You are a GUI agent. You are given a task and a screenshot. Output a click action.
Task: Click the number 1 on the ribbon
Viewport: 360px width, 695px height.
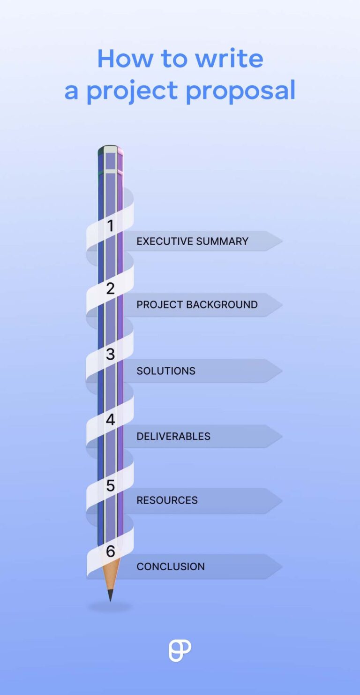tap(110, 226)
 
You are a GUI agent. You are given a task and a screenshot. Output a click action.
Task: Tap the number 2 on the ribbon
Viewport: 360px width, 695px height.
tap(110, 288)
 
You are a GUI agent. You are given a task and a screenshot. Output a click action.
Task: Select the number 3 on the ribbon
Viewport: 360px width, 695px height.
tap(110, 354)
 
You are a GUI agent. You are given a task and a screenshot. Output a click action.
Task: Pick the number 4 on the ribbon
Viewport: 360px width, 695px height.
tap(110, 420)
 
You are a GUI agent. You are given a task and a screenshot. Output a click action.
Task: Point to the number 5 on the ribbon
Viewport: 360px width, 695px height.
tap(110, 485)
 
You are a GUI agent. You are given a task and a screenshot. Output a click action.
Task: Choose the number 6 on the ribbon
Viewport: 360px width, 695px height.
tap(110, 551)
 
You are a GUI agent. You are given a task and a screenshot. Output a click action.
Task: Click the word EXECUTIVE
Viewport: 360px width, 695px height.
tap(162, 242)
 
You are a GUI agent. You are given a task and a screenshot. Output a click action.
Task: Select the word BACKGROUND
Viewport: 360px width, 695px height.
tap(222, 305)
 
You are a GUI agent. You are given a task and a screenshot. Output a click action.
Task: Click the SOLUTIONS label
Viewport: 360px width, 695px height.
tap(166, 371)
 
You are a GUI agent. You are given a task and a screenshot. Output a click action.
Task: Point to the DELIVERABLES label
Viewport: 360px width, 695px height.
tap(173, 437)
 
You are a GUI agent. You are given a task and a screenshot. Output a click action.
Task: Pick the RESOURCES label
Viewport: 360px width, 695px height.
tap(167, 500)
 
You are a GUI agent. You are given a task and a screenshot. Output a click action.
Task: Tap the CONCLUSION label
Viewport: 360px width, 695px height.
tap(171, 567)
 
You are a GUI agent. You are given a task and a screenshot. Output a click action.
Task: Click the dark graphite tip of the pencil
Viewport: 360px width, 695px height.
tap(110, 596)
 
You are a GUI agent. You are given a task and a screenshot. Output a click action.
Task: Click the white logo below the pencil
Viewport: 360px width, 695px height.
tap(180, 650)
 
